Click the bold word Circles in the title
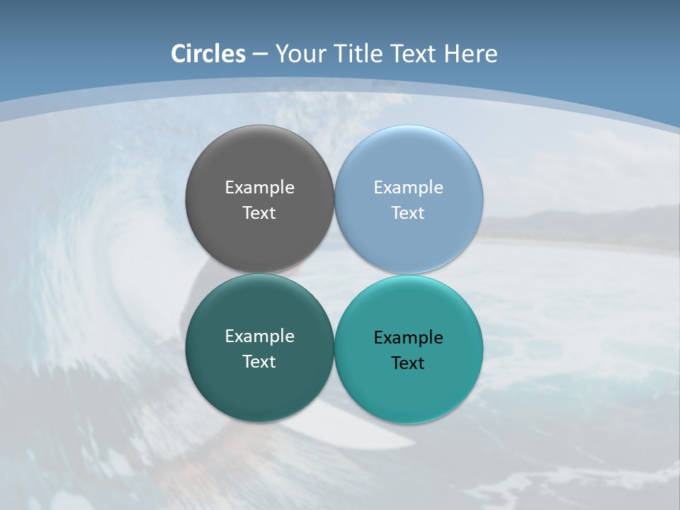click(x=208, y=54)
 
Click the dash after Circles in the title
click(x=260, y=55)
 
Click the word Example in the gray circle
click(x=259, y=188)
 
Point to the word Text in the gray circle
click(x=259, y=213)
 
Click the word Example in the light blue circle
click(x=408, y=188)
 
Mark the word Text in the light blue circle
click(x=408, y=213)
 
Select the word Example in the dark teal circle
click(x=259, y=336)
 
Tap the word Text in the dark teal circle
click(x=259, y=362)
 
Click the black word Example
click(x=408, y=338)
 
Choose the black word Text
click(x=408, y=363)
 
